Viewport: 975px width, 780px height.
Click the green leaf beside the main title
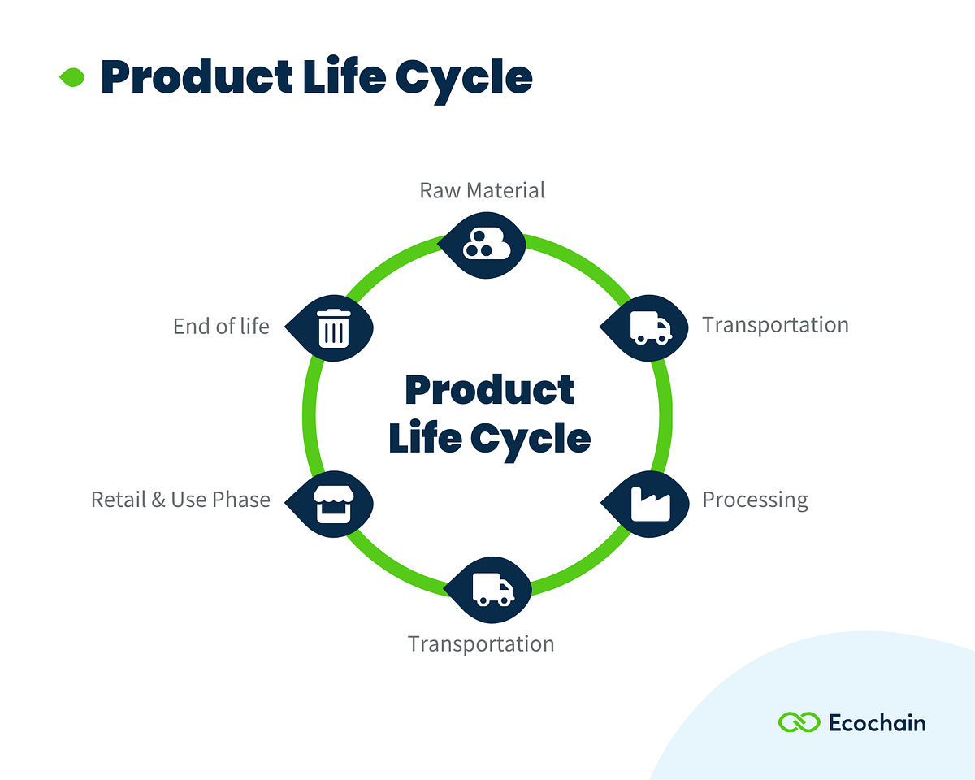coord(72,78)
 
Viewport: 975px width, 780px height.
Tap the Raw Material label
coord(482,190)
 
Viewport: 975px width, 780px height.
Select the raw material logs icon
coord(485,245)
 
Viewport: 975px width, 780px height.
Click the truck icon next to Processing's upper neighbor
coord(649,327)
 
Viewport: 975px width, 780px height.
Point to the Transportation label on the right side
coord(775,325)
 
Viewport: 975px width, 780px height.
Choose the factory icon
coord(650,503)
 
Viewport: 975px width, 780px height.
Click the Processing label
coord(755,500)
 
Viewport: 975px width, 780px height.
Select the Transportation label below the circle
coord(481,644)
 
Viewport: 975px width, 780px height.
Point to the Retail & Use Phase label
coord(180,500)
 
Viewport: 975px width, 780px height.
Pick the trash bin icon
coord(334,327)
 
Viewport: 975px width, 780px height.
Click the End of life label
coord(221,327)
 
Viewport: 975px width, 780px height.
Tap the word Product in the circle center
coord(489,390)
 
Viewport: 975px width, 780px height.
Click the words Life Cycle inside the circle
coord(489,439)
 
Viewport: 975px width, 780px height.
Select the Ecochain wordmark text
coord(877,722)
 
